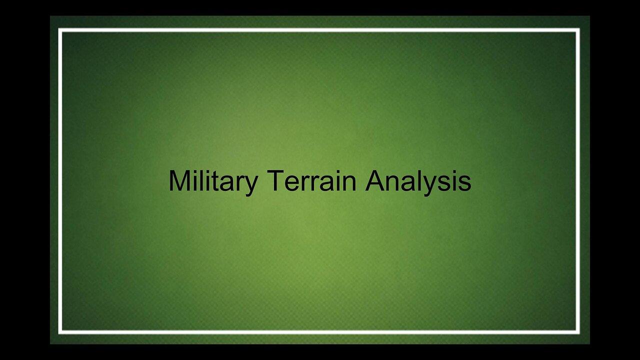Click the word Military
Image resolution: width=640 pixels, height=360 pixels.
212,181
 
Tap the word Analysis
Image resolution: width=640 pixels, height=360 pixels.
418,181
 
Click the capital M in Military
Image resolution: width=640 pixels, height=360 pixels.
178,181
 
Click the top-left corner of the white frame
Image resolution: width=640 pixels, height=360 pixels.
60,30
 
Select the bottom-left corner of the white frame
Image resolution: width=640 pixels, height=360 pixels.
60,331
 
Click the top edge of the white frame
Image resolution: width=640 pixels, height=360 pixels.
320,30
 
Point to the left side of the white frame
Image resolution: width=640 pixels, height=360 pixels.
60,180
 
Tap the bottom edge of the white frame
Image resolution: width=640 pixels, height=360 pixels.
320,331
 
